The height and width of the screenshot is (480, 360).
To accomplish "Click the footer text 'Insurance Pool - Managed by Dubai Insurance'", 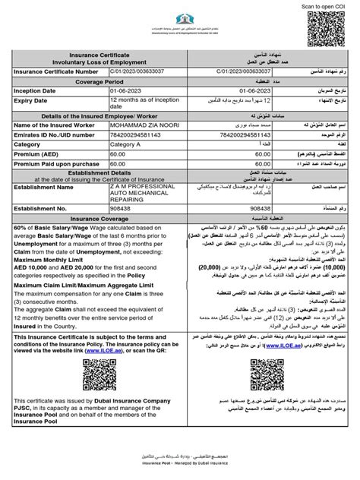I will pyautogui.click(x=179, y=470).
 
